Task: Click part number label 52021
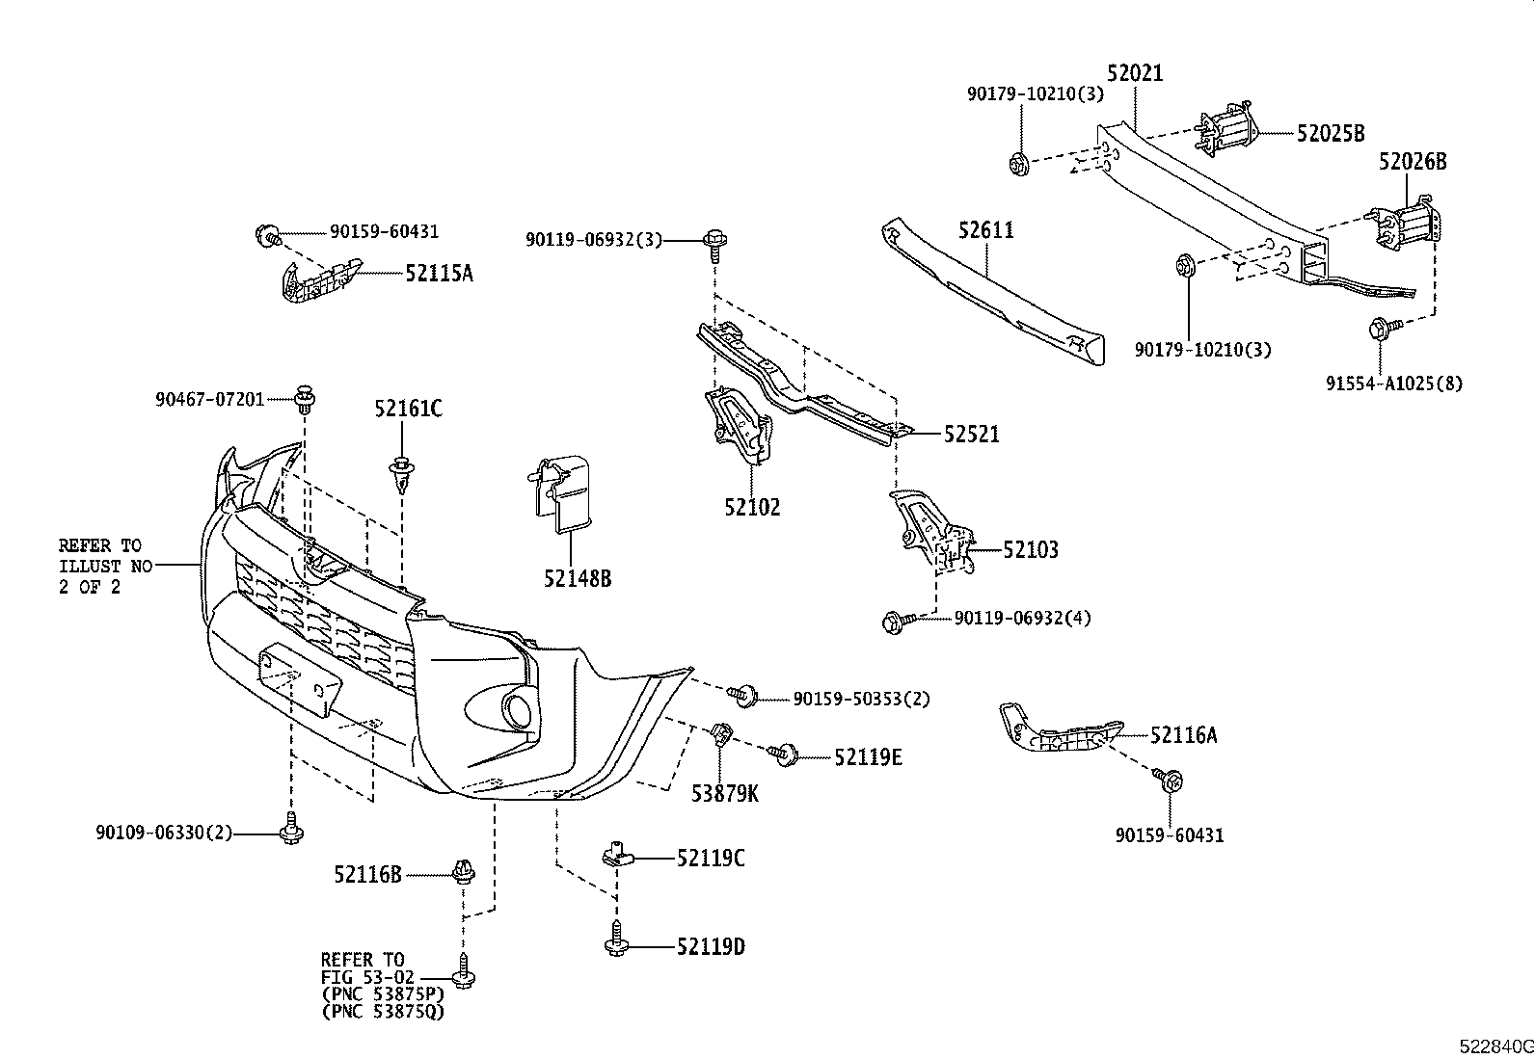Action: click(1135, 73)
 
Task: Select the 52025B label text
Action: click(1331, 134)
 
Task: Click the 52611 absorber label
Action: click(986, 230)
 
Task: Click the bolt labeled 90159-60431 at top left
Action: click(267, 233)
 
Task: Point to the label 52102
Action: click(753, 507)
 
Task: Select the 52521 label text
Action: click(971, 435)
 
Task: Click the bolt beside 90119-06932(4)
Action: click(893, 622)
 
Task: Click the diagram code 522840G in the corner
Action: click(1495, 1046)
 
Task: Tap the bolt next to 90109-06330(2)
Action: click(290, 831)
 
